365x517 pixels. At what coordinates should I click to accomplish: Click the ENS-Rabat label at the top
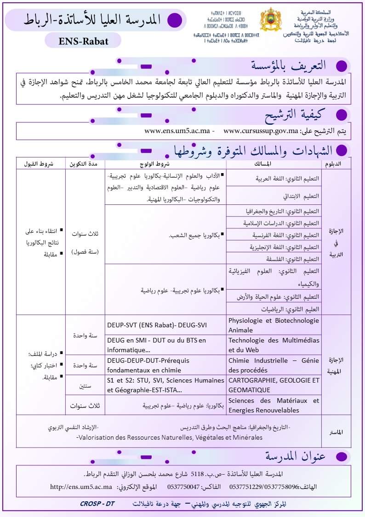tap(84, 41)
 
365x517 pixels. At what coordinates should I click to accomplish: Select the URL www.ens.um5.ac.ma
tap(177, 131)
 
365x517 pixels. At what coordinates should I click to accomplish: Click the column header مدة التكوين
tap(86, 164)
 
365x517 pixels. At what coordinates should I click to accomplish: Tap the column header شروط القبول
tap(41, 164)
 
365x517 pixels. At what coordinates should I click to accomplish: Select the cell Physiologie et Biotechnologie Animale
tap(274, 325)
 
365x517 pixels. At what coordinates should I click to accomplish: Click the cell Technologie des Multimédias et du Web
tap(274, 345)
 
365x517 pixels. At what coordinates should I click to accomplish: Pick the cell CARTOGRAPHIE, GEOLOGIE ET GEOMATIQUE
tap(274, 385)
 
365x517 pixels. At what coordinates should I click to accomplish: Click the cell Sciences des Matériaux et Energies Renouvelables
tap(274, 405)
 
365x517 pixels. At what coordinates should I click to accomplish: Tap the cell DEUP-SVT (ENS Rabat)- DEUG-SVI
tap(157, 325)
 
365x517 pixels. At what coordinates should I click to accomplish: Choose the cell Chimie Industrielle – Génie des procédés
tap(274, 365)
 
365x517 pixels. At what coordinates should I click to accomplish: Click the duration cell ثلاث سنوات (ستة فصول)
tap(86, 242)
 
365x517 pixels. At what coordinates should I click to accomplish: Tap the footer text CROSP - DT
tap(97, 504)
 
